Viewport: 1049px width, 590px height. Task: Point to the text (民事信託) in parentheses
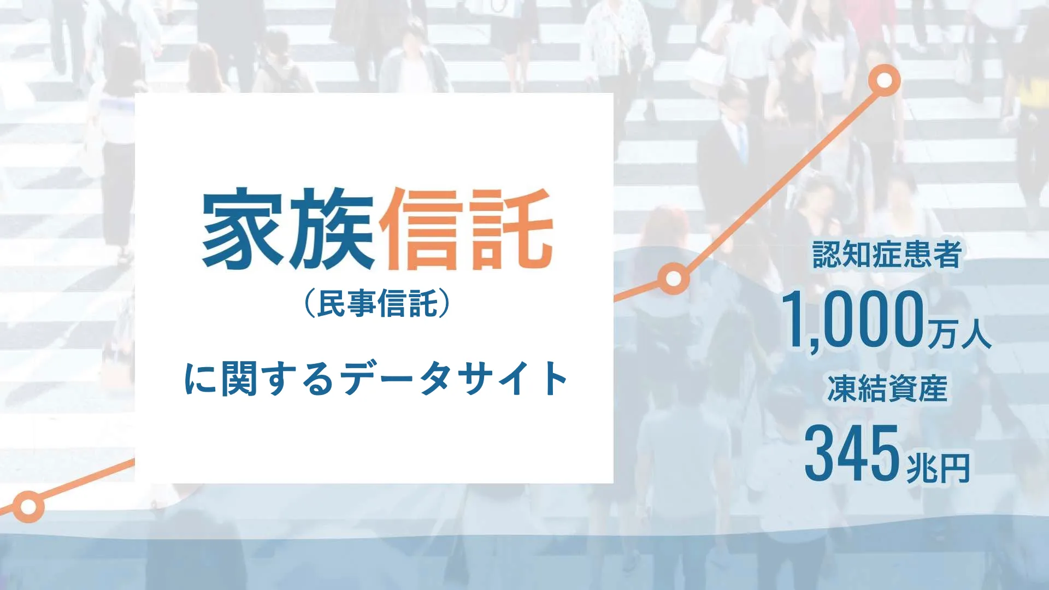(x=377, y=304)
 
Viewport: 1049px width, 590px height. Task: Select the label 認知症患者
(x=886, y=255)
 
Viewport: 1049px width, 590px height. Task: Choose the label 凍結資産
(x=887, y=388)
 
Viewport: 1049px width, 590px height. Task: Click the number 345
(x=851, y=453)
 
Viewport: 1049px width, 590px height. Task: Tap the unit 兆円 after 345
(x=938, y=468)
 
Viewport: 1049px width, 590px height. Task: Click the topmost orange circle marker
(x=884, y=81)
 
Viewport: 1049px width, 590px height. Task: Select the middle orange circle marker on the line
(x=674, y=279)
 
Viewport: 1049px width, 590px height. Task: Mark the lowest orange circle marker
(x=28, y=506)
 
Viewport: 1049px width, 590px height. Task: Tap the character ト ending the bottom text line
(x=555, y=379)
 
